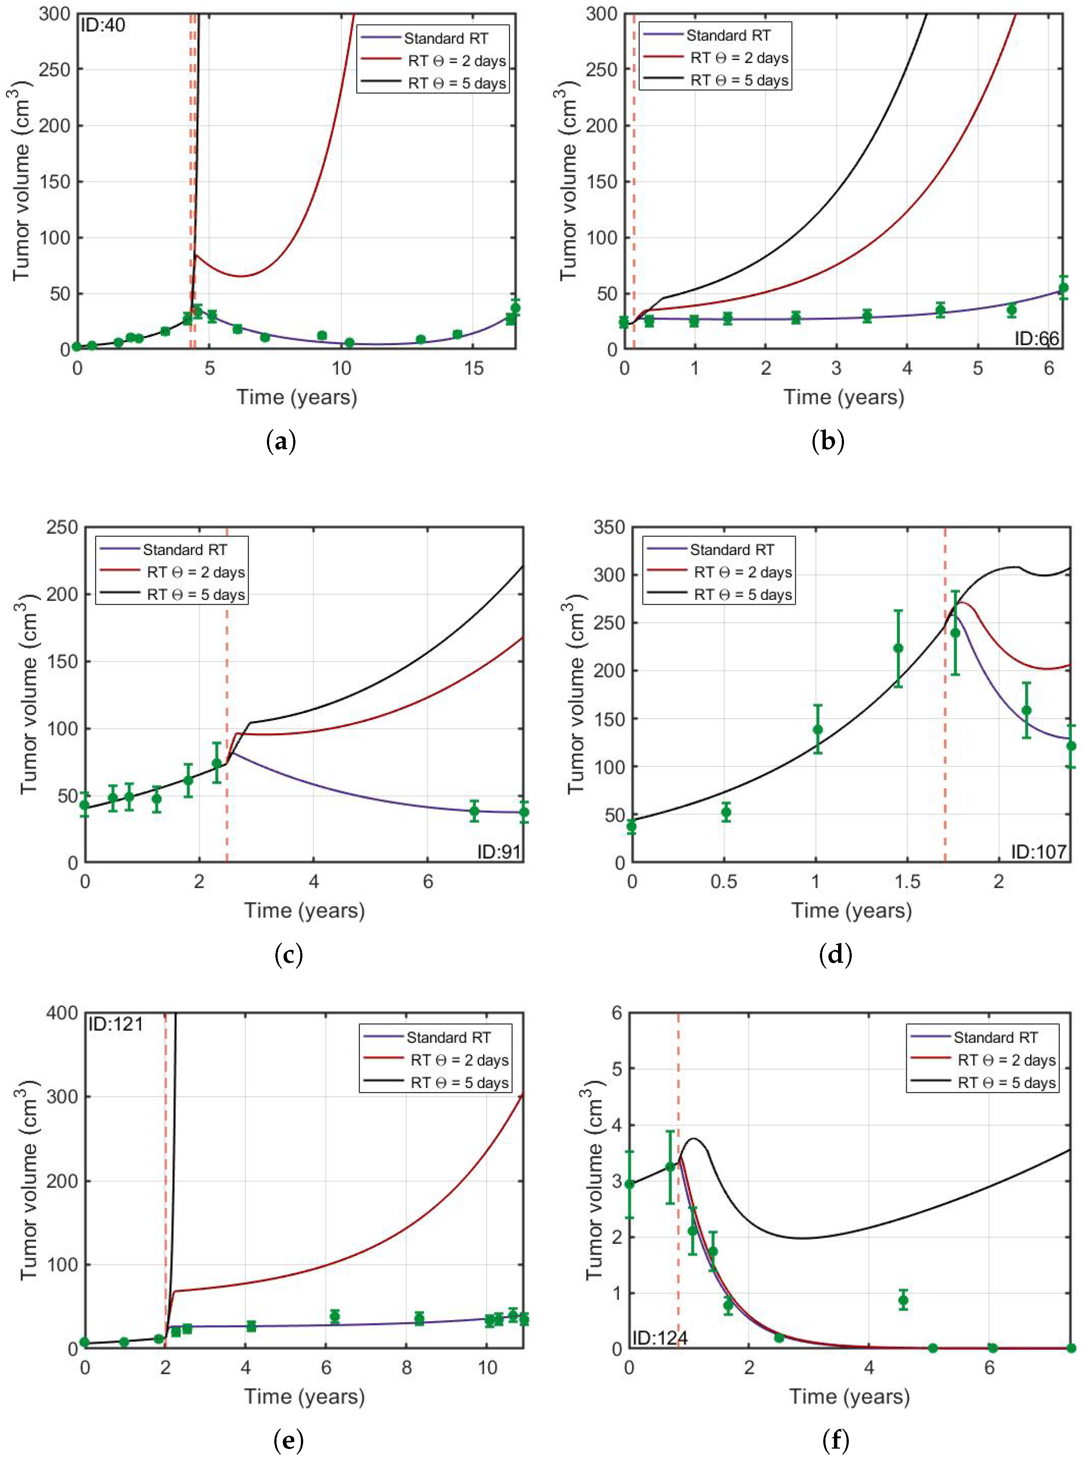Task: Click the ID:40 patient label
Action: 103,26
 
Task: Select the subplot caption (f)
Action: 836,1440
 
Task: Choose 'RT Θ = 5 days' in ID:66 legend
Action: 740,81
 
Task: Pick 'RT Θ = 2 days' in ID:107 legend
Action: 743,572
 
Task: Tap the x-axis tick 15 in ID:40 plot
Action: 473,368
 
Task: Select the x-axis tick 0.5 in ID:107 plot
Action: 724,881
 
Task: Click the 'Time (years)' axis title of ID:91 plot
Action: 305,911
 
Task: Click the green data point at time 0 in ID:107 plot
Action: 632,827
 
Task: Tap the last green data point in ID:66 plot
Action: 1063,288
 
